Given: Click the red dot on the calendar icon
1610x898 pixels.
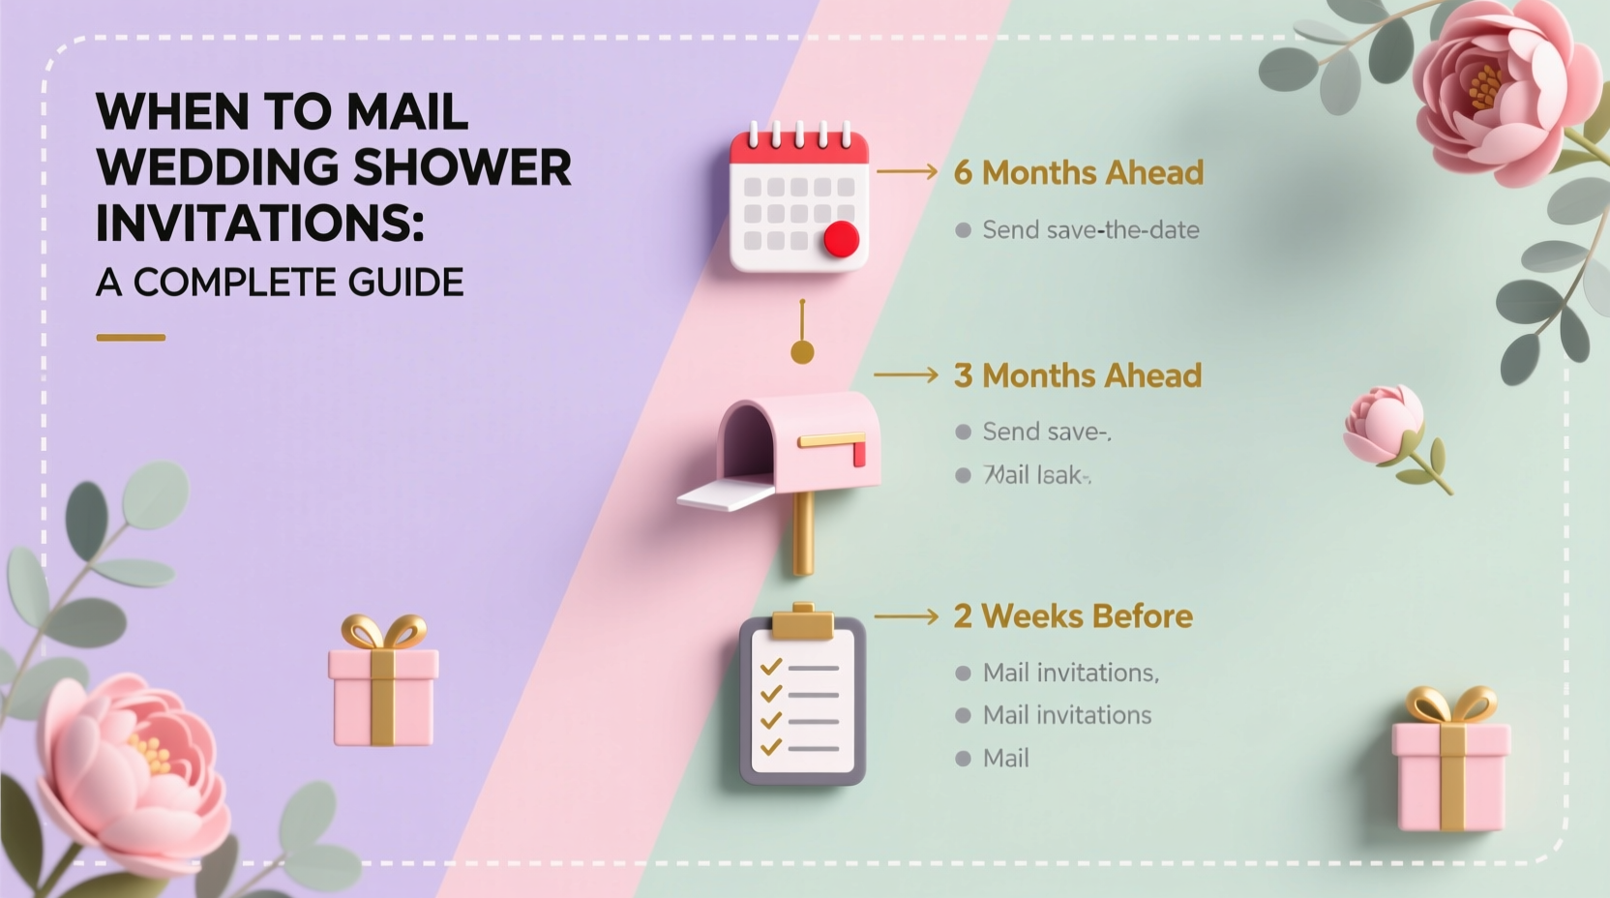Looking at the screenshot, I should pos(842,239).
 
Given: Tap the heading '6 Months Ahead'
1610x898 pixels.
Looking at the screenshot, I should pos(1078,172).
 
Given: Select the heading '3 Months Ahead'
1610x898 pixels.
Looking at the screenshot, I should pos(1077,375).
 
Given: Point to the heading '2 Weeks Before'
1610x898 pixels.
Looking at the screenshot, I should pos(1072,616).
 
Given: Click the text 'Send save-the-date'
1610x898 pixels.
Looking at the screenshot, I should pos(1090,230).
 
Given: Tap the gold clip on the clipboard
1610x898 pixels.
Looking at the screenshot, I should pos(801,622).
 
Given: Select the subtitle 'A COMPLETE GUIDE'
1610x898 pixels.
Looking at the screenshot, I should pos(280,283).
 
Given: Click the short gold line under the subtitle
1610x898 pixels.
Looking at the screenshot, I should pos(131,338).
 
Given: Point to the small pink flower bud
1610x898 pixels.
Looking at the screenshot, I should pos(1384,423).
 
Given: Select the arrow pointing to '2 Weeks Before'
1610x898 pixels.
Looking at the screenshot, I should pos(906,616).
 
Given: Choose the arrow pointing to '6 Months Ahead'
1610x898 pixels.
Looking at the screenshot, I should pos(907,172).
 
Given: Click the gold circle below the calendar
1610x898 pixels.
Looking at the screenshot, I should pos(802,352).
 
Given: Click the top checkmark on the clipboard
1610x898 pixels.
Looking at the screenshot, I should pos(771,668).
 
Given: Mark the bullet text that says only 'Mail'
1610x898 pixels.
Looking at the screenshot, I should pos(1005,759).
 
